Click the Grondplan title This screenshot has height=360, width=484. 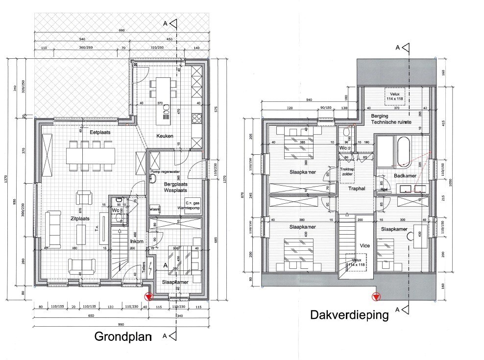[123, 337]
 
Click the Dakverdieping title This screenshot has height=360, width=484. [349, 315]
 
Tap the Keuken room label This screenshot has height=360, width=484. [165, 136]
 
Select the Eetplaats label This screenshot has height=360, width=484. [99, 132]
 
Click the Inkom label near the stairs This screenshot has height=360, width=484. [136, 241]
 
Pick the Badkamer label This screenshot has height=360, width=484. [405, 175]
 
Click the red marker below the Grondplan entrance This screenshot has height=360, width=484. [148, 296]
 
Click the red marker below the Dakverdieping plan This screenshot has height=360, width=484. [375, 296]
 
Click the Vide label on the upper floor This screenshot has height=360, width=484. [364, 245]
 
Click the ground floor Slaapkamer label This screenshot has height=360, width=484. [175, 282]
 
